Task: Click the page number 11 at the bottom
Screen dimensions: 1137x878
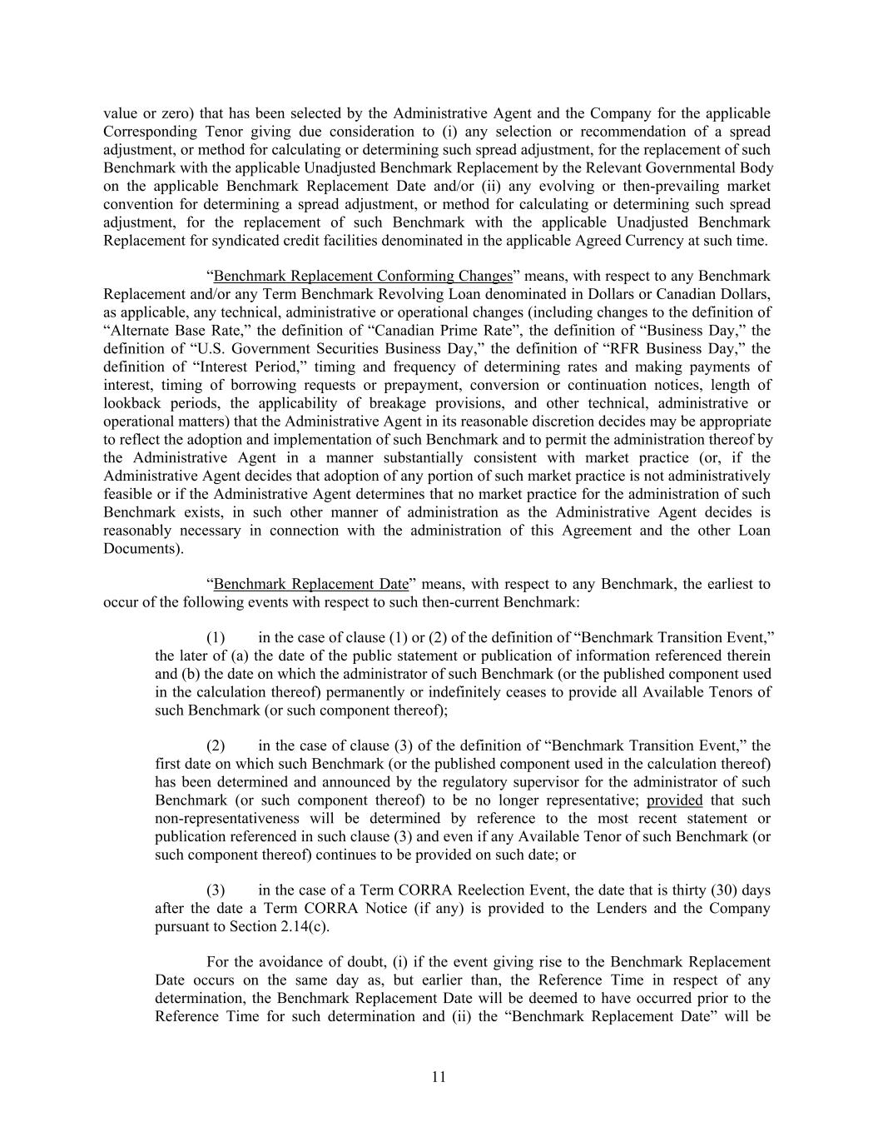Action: click(x=439, y=1077)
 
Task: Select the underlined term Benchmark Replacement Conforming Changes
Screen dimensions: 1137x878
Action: click(x=362, y=276)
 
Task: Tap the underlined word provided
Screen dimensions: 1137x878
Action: click(x=674, y=800)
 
